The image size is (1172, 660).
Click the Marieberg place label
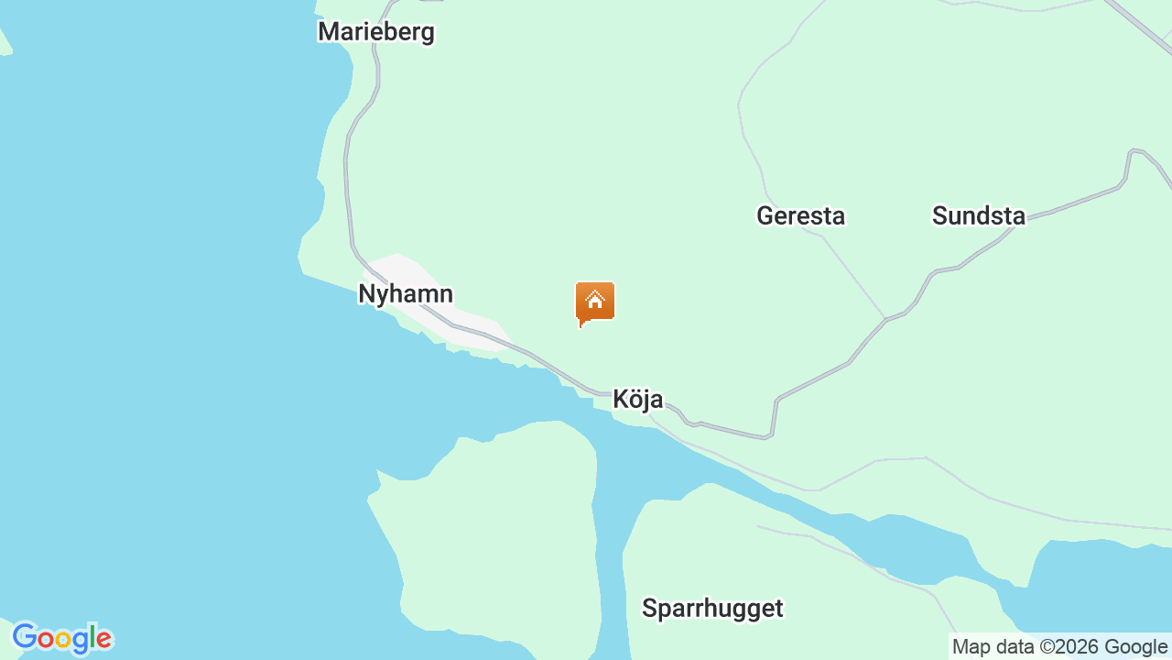[x=375, y=32]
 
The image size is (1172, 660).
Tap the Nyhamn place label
[x=405, y=294]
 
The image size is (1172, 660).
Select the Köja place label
[x=637, y=399]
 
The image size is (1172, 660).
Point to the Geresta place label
[x=800, y=216]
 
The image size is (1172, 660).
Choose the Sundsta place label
[x=978, y=216]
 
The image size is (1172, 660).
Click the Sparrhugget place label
[x=712, y=609]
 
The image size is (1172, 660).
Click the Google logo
[x=61, y=638]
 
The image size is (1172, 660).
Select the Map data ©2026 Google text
[x=1059, y=647]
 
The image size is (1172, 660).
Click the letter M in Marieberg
[x=328, y=32]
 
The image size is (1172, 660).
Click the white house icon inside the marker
[x=595, y=299]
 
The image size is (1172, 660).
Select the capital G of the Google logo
[x=25, y=637]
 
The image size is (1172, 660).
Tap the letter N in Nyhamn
[x=367, y=294]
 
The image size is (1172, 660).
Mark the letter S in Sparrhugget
[x=649, y=609]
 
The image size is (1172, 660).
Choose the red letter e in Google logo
[x=103, y=639]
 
